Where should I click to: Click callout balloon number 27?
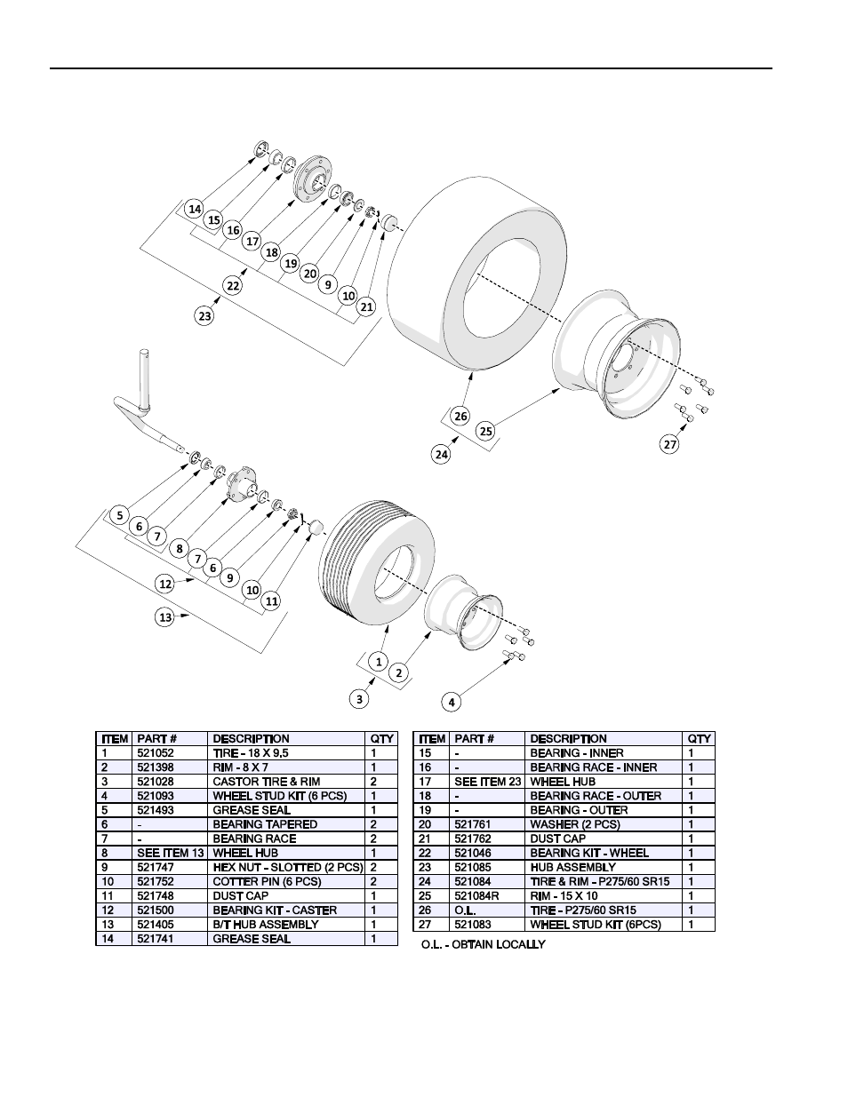point(670,443)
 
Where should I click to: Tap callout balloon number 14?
point(195,209)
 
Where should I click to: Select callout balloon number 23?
point(205,315)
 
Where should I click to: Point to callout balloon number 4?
point(452,702)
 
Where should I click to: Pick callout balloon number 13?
point(165,616)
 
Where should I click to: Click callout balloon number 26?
point(460,416)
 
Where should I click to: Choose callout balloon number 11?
point(272,601)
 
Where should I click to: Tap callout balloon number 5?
point(119,514)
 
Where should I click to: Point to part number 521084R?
point(476,895)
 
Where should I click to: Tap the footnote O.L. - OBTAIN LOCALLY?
point(483,944)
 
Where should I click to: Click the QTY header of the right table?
point(699,738)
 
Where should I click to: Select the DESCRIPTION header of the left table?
point(251,738)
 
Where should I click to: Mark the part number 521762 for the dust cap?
point(472,839)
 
